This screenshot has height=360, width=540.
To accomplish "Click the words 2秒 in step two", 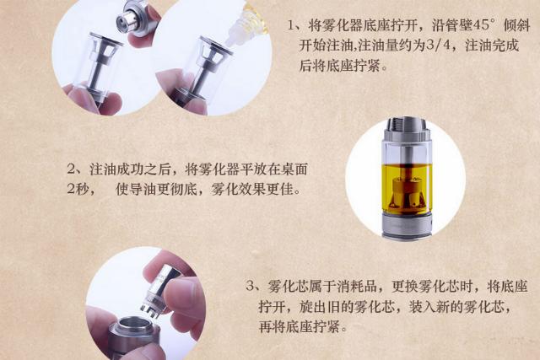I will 77,188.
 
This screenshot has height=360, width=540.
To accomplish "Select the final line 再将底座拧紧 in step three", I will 303,326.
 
